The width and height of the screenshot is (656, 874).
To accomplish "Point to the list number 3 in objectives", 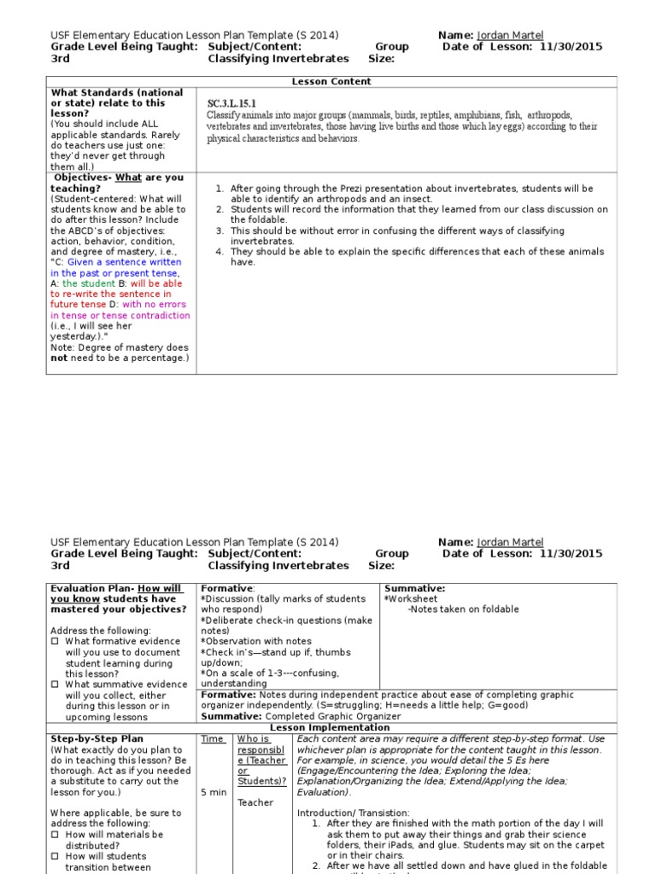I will click(220, 230).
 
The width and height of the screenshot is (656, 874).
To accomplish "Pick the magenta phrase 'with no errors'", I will click(155, 305).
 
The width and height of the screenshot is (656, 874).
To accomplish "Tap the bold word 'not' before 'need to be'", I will click(58, 358).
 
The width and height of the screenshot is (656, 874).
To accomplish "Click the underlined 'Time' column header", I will click(213, 738).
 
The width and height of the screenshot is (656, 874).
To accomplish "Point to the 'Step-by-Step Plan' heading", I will click(97, 738).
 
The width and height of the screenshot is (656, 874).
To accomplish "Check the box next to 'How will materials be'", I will click(56, 834).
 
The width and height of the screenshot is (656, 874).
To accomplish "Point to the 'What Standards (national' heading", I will click(117, 92).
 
